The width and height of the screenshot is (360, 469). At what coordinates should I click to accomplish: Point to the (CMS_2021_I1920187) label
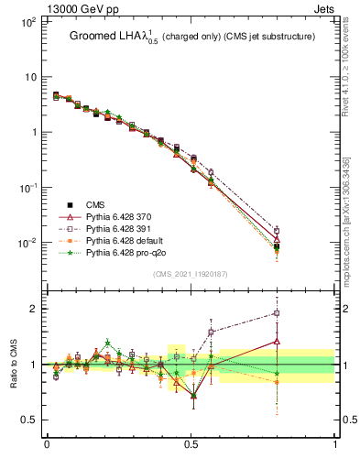[191, 273]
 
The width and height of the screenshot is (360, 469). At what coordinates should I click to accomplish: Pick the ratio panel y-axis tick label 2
[34, 309]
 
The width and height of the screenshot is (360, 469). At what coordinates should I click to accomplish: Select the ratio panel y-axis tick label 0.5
[29, 420]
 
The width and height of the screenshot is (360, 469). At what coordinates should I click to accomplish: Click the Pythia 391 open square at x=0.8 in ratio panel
[277, 313]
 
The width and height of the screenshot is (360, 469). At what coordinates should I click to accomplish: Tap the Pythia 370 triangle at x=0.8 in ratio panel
[277, 341]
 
